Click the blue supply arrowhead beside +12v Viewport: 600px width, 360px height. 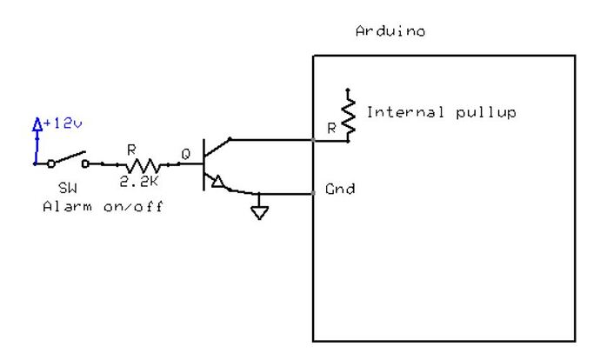click(x=37, y=125)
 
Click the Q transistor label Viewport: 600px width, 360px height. click(x=185, y=154)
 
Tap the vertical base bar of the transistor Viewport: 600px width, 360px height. click(x=203, y=163)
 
